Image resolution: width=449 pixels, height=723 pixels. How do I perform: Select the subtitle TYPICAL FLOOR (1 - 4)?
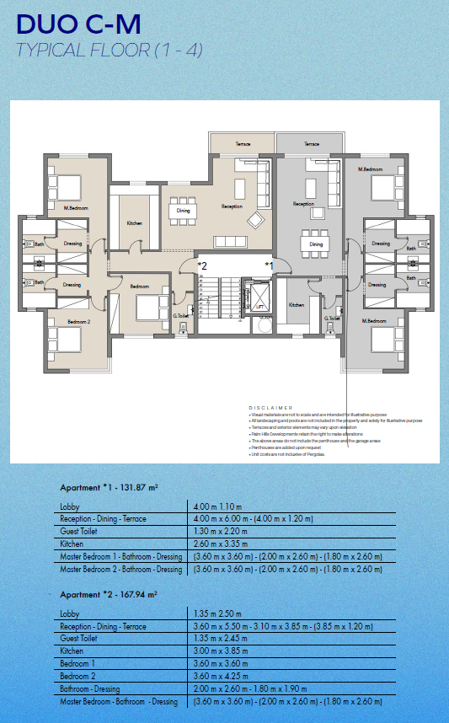click(109, 50)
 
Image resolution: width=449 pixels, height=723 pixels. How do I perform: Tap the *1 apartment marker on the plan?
click(270, 265)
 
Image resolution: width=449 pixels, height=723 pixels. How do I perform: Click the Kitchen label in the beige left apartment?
click(134, 223)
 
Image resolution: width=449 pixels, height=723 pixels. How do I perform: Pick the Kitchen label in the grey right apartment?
click(297, 305)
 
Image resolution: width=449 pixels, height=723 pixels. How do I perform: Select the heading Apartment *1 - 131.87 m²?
click(110, 488)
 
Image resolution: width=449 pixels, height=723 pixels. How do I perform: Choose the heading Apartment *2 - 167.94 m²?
click(110, 595)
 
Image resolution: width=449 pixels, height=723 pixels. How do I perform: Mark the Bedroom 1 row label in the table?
click(78, 664)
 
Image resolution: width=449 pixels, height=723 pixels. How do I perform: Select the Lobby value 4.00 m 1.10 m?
click(218, 506)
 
